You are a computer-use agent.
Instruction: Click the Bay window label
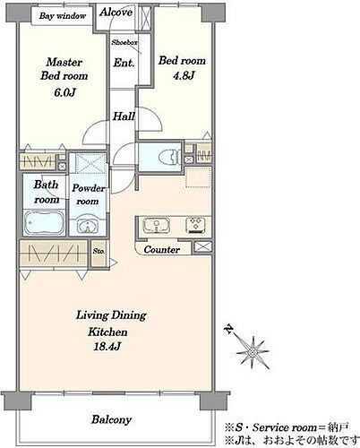click(x=63, y=16)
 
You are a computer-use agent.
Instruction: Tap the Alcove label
click(x=116, y=12)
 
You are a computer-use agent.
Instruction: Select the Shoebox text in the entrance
click(x=124, y=42)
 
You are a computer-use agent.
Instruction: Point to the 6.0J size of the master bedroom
click(x=64, y=92)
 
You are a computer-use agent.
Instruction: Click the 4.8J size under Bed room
click(x=184, y=76)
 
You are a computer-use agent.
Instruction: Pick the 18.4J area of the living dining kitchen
click(x=107, y=347)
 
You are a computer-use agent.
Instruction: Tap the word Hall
click(x=124, y=116)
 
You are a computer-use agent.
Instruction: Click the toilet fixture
click(x=170, y=155)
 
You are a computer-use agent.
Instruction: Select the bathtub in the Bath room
click(x=44, y=222)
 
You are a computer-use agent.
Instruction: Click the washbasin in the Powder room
click(x=88, y=226)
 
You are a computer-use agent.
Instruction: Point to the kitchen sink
click(x=157, y=225)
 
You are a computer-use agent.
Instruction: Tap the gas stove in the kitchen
click(x=195, y=225)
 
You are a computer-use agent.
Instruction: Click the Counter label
click(x=162, y=249)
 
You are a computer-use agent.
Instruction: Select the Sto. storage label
click(x=99, y=251)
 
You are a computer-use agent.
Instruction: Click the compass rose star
click(x=253, y=352)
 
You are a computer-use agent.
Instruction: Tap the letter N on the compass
click(x=229, y=329)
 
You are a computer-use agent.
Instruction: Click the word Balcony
click(x=111, y=420)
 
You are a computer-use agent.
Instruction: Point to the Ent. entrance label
click(x=124, y=63)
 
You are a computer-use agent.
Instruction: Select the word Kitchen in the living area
click(x=107, y=332)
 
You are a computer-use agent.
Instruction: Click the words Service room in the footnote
click(x=285, y=427)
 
